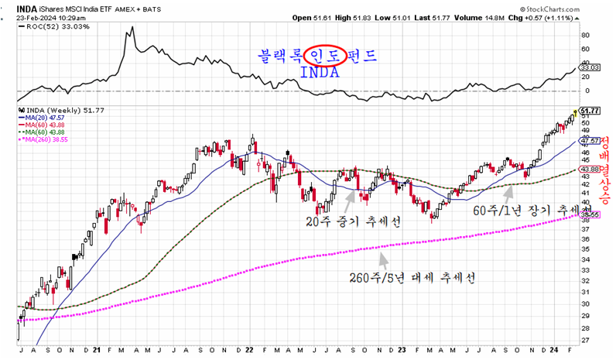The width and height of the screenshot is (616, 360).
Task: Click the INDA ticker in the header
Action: pos(27,6)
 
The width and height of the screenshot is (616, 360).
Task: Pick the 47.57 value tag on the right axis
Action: pos(590,141)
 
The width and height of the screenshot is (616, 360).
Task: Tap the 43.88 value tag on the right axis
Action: pos(590,170)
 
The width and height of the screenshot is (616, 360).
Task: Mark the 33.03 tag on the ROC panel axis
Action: pos(590,68)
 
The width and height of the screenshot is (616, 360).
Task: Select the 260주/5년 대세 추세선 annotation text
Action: pos(412,276)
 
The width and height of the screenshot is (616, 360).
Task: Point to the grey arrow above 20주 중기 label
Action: pos(350,197)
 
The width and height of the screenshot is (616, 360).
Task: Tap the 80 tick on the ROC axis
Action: pos(585,35)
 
